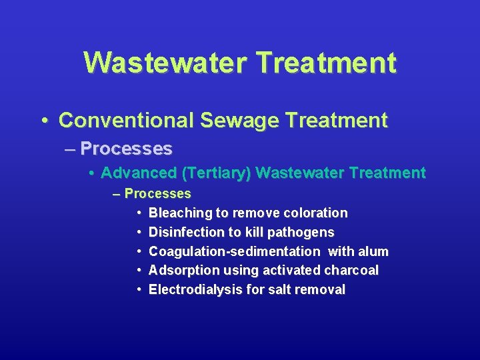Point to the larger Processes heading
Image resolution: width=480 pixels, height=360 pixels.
(126, 148)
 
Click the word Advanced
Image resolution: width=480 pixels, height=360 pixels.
(139, 173)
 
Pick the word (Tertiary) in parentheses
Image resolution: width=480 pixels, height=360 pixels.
(216, 173)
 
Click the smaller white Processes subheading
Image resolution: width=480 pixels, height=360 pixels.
(157, 194)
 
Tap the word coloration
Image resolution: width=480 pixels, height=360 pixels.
(315, 213)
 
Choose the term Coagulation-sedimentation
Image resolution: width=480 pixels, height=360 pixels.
(234, 251)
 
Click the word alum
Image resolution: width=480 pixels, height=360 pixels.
(373, 251)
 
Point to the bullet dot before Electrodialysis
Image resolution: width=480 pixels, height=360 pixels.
(137, 290)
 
